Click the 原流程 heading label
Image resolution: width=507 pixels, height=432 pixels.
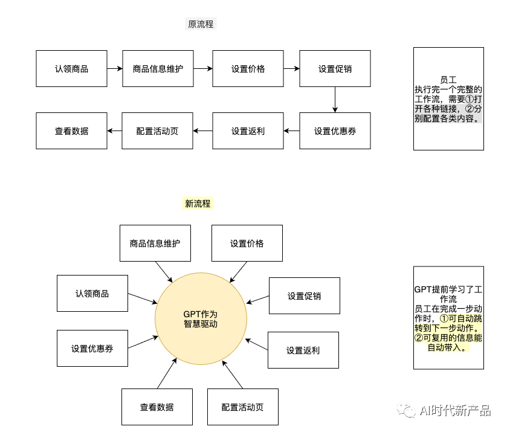tap(201, 24)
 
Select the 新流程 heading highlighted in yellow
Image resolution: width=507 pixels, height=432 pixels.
tap(198, 204)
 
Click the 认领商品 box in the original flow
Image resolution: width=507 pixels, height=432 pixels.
tap(71, 69)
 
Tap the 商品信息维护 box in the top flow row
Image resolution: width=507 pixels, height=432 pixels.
tap(158, 69)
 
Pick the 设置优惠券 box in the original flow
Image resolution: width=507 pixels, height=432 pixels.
tap(335, 131)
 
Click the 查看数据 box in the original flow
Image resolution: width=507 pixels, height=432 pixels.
tap(71, 131)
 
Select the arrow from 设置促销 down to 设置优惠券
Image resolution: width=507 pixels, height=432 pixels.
tap(335, 100)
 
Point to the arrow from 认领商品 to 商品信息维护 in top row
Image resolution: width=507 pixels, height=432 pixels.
tap(115, 69)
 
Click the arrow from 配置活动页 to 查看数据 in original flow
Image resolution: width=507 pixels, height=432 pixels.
tap(115, 131)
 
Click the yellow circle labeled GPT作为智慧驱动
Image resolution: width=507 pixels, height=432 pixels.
tap(201, 318)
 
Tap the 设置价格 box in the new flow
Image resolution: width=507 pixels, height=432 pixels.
tap(247, 243)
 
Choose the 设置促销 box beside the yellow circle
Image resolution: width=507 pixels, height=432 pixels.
tap(304, 296)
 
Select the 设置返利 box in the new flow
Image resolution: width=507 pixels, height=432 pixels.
tap(303, 350)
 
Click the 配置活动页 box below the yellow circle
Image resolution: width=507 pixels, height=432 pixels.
tap(242, 407)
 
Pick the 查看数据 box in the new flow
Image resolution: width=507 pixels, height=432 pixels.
tap(157, 407)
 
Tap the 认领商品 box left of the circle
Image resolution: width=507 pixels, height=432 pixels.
tap(92, 294)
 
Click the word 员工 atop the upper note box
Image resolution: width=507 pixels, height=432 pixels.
tap(448, 79)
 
